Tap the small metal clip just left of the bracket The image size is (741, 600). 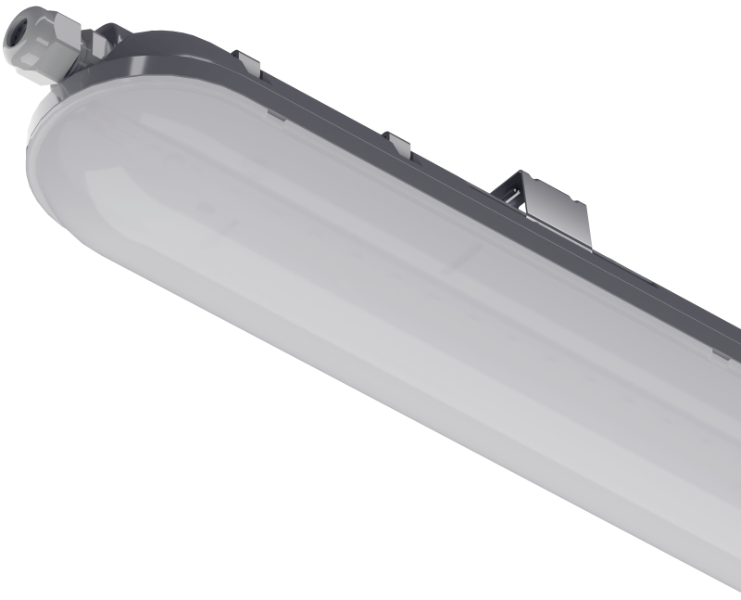[396, 144]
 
